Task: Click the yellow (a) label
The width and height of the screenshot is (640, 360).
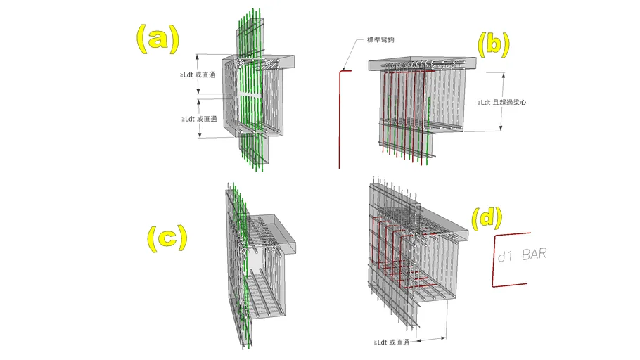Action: tap(158, 39)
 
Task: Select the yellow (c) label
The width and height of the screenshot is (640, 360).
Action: tap(167, 238)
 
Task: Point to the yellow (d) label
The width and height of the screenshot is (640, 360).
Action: tap(487, 219)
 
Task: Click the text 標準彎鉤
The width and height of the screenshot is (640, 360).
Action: tap(380, 39)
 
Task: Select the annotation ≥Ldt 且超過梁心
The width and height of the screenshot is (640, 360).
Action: tap(502, 103)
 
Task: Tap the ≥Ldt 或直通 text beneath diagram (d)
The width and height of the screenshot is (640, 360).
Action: tap(392, 342)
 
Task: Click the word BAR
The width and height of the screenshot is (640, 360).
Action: tap(534, 255)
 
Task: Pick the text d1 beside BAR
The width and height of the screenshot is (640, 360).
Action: tap(505, 257)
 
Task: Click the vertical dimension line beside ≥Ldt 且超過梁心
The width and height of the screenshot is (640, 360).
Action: tap(502, 102)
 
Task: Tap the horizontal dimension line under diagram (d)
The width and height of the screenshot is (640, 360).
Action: tap(431, 339)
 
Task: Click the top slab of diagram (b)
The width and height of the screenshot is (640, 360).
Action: tap(422, 64)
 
